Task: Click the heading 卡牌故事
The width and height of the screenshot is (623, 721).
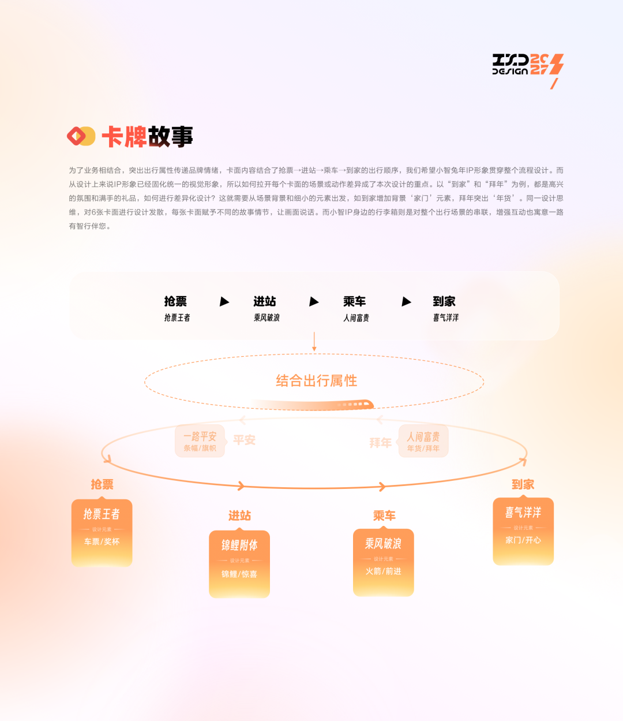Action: (x=147, y=137)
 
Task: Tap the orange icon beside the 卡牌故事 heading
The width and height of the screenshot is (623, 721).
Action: (x=81, y=136)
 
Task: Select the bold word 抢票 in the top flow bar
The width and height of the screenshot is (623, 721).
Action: (x=175, y=301)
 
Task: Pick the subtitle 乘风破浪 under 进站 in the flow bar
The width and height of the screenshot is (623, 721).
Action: (x=267, y=317)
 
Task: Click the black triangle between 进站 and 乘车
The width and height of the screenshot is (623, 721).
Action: (x=314, y=301)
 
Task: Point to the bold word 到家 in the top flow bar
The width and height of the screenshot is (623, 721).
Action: (x=444, y=301)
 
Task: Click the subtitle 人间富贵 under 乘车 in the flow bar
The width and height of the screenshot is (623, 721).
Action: (x=356, y=317)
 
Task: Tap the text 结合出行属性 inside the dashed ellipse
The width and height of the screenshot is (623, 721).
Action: (x=316, y=381)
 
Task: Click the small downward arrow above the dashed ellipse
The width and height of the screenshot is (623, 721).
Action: (x=314, y=342)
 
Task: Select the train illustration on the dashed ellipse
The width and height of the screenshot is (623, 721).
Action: (x=346, y=405)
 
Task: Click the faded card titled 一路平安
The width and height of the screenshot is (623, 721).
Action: (x=200, y=442)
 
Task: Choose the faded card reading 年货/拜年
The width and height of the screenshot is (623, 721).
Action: (x=423, y=442)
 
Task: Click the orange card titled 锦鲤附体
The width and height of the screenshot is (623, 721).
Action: (x=239, y=563)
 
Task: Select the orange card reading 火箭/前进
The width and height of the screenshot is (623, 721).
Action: (x=383, y=562)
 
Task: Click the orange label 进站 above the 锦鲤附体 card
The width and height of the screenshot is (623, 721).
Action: (x=239, y=515)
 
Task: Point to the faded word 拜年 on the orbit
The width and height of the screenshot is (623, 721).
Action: (x=380, y=443)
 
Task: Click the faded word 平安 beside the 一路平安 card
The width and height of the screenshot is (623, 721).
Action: (x=244, y=440)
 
